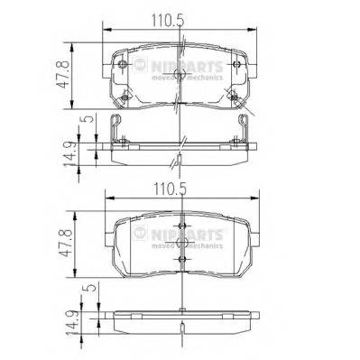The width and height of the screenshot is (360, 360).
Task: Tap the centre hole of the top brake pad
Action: (x=181, y=77)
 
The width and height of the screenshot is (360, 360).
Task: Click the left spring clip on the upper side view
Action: (x=117, y=131)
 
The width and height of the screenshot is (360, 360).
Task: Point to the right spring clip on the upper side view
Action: (x=245, y=131)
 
